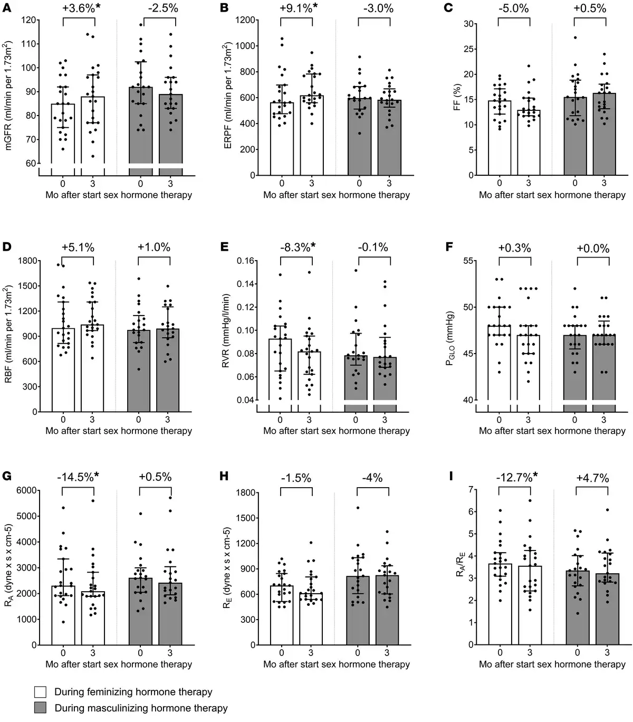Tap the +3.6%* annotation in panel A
[x=79, y=8]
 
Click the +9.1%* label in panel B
[x=296, y=8]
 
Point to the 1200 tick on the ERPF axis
[x=247, y=20]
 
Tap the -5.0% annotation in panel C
[x=513, y=8]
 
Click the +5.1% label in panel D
[x=78, y=248]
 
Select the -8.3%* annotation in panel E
[x=296, y=248]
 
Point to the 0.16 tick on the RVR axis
[x=246, y=261]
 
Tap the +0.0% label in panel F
[x=593, y=248]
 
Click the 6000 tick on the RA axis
[x=29, y=490]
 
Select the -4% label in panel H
[x=372, y=478]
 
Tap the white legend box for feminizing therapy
[x=41, y=692]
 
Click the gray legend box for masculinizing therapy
[x=41, y=708]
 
